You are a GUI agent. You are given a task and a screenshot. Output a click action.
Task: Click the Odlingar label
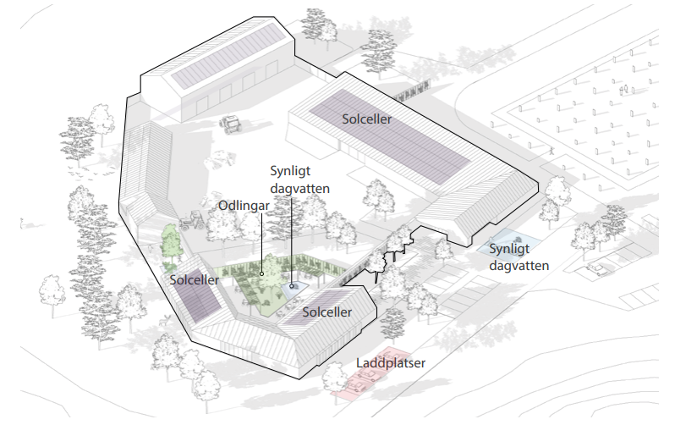tap(244, 206)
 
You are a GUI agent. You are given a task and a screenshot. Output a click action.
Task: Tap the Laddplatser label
tap(391, 363)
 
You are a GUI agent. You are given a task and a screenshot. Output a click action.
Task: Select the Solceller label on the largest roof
tap(367, 119)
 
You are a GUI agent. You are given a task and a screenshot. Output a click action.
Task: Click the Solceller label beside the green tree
tap(195, 279)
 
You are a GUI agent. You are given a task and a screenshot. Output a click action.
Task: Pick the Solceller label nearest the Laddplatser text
tap(327, 312)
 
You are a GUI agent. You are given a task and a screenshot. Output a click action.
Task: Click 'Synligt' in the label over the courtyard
tap(290, 172)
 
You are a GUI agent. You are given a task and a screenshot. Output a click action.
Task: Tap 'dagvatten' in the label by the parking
tap(519, 266)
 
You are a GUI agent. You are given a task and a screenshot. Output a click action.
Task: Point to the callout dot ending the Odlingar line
tap(261, 273)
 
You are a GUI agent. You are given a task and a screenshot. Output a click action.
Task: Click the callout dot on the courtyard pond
tap(292, 286)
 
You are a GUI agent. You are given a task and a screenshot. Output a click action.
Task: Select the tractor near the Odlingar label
tap(191, 220)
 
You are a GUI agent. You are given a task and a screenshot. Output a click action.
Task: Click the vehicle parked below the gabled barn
tap(231, 124)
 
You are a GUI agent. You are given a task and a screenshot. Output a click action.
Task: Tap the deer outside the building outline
tap(165, 321)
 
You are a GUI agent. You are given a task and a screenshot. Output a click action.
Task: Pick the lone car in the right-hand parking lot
tap(599, 268)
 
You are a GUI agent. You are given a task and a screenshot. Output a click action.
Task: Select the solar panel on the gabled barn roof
tap(227, 56)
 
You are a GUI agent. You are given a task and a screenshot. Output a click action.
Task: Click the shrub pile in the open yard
tap(220, 159)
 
